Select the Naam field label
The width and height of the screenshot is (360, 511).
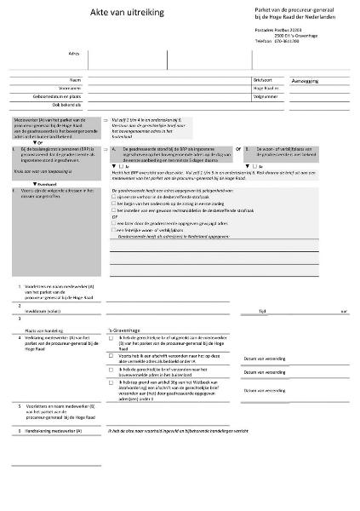(75, 78)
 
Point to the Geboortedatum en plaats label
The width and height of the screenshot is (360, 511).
(57, 95)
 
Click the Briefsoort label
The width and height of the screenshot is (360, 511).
(262, 78)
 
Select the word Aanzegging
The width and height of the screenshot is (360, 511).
(304, 79)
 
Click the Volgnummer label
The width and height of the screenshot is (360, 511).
(264, 95)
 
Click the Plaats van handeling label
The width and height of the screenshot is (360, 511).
(43, 328)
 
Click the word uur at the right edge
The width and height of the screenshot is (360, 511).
(343, 312)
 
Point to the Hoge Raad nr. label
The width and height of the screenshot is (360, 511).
(265, 87)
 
